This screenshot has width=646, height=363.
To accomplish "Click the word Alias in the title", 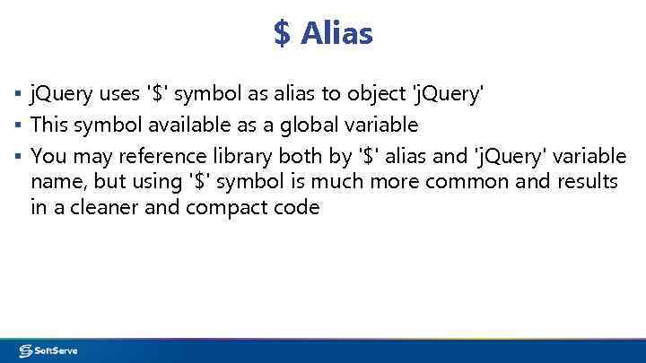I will tap(336, 34).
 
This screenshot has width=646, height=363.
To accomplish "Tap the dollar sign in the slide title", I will tap(283, 34).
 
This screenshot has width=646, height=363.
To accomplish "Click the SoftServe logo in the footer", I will tap(49, 350).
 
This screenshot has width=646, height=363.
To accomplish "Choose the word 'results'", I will tap(587, 182).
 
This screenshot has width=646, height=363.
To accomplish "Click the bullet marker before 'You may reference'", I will tap(19, 156).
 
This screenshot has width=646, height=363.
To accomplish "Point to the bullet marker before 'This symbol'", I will tap(19, 124).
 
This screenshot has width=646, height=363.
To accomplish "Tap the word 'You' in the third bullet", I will tap(48, 156).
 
